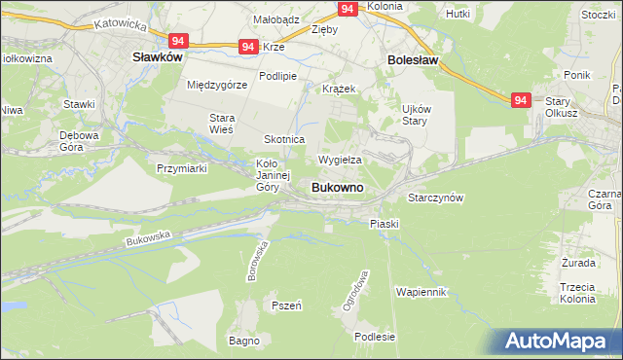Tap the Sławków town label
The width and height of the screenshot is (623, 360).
point(158,58)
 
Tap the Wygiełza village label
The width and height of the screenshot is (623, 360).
point(340,160)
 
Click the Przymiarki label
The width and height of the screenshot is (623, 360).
point(183,167)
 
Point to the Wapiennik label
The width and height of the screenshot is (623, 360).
point(421,292)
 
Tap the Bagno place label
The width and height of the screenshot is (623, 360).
point(243,341)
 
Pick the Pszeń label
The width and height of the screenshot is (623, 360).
point(286,306)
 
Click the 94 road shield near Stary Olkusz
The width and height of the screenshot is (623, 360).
point(522,99)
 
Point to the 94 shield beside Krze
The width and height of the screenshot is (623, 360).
point(248,47)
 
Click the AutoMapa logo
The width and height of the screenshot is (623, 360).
point(556,342)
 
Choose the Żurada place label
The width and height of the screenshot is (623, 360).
point(578,263)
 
